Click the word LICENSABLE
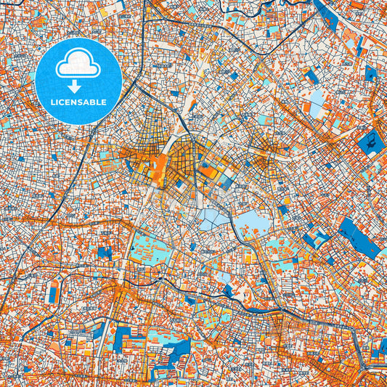tap(78, 102)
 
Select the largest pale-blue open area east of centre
tap(251, 224)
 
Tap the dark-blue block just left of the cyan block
tap(105, 253)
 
